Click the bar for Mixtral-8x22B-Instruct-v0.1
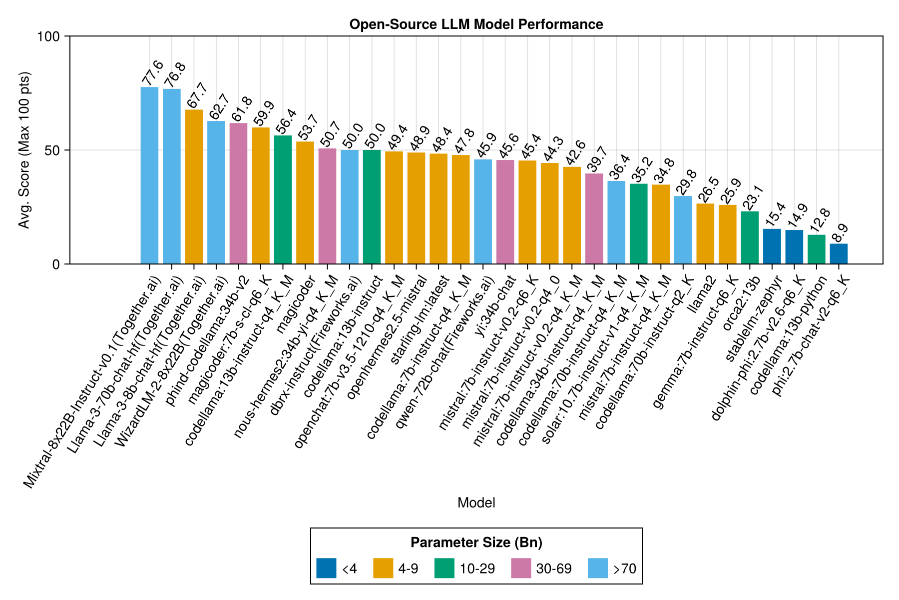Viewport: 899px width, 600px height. coord(149,175)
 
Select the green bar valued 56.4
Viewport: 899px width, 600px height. coord(283,199)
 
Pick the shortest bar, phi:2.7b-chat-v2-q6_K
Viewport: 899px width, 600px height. coord(839,254)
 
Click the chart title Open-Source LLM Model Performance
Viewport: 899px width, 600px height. coord(476,24)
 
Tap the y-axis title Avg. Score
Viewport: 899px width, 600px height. coord(24,150)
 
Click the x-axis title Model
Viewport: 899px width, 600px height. coord(476,503)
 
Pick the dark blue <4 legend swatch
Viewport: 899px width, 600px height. coord(326,568)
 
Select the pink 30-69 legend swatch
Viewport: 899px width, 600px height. coord(521,568)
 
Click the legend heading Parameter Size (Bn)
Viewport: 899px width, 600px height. coord(476,542)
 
